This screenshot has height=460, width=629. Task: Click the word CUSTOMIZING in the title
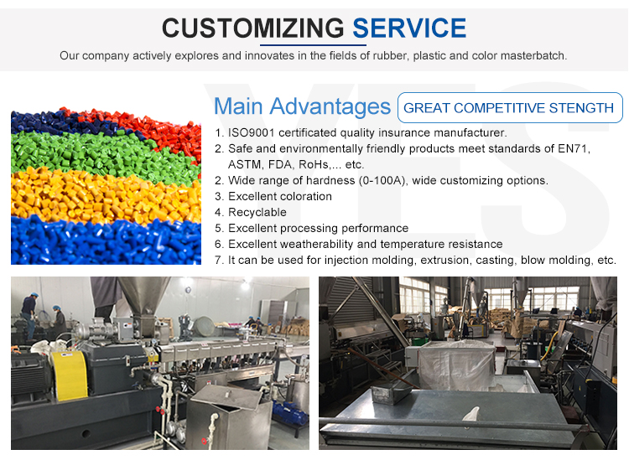252,28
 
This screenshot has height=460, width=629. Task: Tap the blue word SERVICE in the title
409,28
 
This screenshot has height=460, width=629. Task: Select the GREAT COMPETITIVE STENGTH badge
510,107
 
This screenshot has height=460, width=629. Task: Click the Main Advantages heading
302,106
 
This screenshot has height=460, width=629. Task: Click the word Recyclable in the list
257,212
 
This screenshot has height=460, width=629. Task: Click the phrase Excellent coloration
280,196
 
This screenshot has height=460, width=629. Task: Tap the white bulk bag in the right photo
456,364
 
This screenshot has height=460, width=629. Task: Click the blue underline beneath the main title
313,45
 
